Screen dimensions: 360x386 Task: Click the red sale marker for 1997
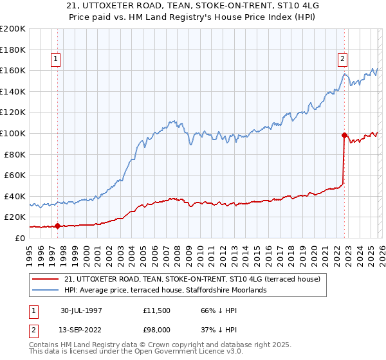(58, 226)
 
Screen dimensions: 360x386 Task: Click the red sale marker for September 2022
(345, 135)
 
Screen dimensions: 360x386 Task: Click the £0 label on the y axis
(19, 238)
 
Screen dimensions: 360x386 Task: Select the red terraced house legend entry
(187, 279)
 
